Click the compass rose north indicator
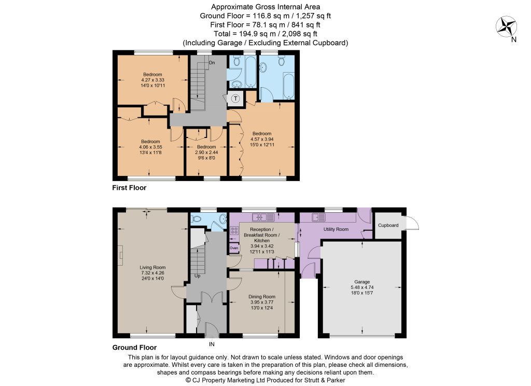point(506,27)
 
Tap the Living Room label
point(152,267)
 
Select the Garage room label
point(362,282)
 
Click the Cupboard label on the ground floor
point(388,225)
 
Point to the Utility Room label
point(336,229)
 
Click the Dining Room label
point(262,297)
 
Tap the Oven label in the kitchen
point(234,248)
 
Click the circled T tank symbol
point(235,99)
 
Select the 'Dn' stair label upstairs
point(212,63)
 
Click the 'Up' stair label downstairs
point(198,276)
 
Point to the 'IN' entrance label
point(212,344)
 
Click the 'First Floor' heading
point(129,188)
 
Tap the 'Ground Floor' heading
point(134,348)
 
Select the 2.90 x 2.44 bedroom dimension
point(206,153)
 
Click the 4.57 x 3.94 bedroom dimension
point(262,139)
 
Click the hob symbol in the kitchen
point(234,231)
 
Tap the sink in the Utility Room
point(319,217)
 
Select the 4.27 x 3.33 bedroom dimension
point(153,80)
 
